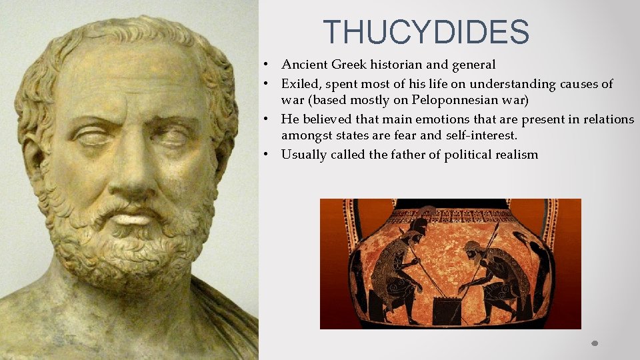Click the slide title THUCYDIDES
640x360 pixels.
pos(426,33)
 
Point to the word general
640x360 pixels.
pos(474,65)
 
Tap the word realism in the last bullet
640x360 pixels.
pos(515,155)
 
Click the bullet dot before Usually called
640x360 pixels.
pos(265,155)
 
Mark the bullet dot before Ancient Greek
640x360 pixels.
pos(265,65)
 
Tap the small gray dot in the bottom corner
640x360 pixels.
pos(595,344)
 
